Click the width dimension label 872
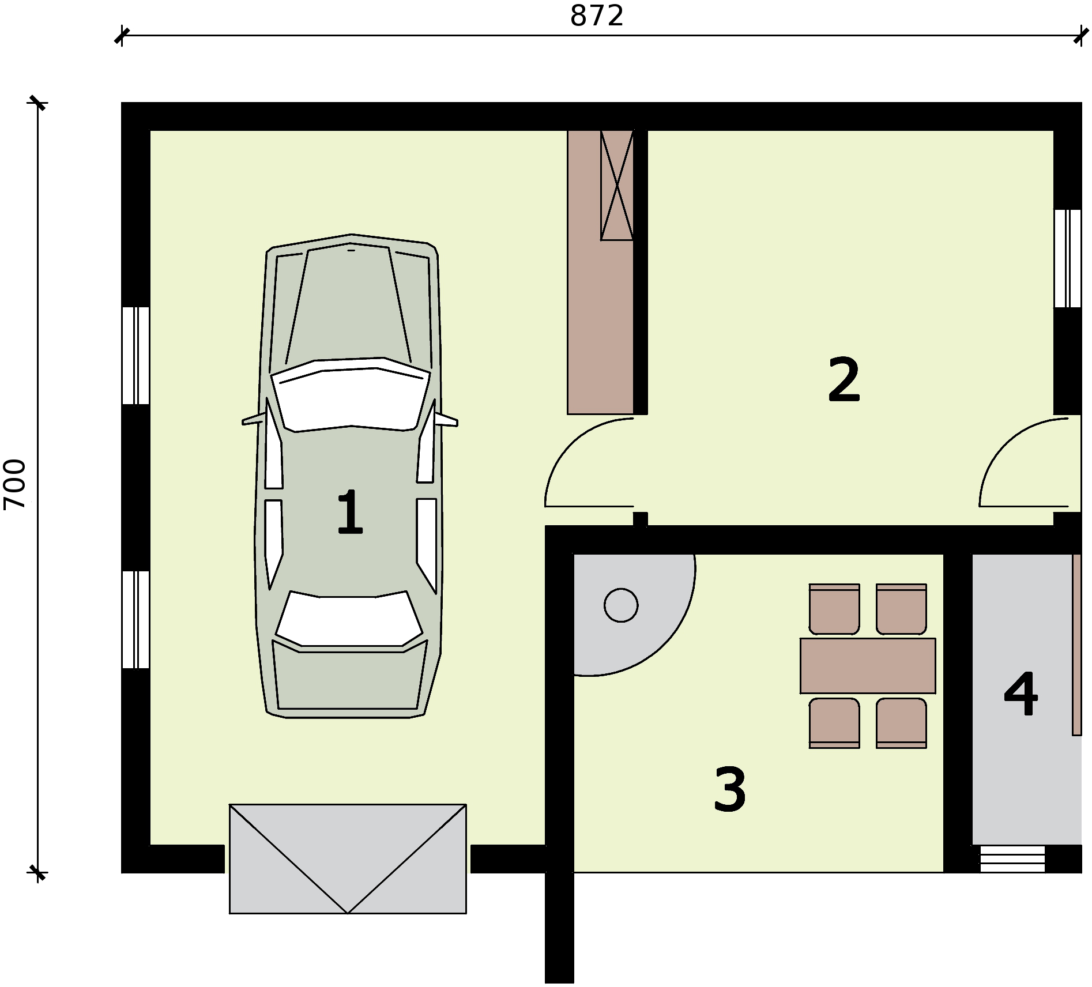(x=597, y=16)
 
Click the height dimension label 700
(x=15, y=484)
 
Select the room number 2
(x=844, y=380)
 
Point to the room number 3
(x=730, y=790)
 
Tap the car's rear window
(x=349, y=620)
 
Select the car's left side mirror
(x=253, y=420)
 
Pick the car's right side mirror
(x=446, y=419)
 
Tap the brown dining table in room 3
(x=867, y=665)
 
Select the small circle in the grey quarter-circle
(x=621, y=605)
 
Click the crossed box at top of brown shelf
(x=616, y=185)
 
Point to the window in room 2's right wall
(x=1067, y=258)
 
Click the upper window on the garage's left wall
(x=136, y=355)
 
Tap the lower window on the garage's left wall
(x=136, y=619)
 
